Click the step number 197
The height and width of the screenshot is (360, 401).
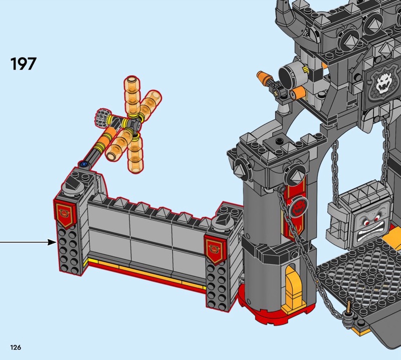(x=23, y=64)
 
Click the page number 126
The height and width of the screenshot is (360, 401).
(x=16, y=347)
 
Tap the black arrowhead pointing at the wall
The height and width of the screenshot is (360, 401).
(x=52, y=242)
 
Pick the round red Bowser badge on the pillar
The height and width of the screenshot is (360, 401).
(x=298, y=206)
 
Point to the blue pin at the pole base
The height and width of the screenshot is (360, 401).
(x=83, y=163)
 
